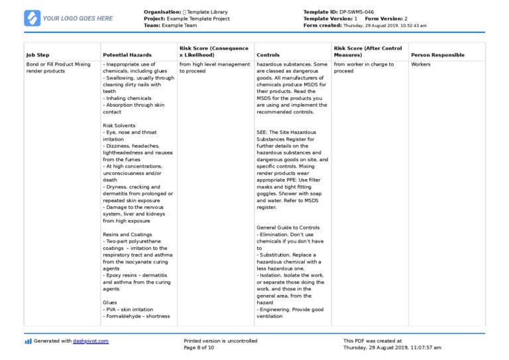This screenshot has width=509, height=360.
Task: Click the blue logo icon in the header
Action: (32, 18)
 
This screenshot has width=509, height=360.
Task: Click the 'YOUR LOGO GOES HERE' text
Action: (78, 19)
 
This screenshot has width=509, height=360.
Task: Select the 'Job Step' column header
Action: (38, 55)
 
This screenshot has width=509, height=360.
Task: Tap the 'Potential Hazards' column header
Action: (127, 55)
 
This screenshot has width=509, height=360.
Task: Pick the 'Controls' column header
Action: (268, 55)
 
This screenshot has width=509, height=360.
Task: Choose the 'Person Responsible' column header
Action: (437, 55)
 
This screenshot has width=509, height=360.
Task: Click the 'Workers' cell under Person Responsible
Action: (421, 64)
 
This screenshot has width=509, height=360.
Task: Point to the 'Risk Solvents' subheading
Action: (119, 125)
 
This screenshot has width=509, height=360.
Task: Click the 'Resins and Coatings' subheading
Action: (127, 234)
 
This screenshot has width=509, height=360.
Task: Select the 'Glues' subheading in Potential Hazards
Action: (110, 302)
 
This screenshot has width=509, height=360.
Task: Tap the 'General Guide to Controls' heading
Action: (288, 227)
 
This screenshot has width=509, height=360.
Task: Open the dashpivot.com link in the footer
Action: (91, 341)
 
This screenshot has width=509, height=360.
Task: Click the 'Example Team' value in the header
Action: (180, 25)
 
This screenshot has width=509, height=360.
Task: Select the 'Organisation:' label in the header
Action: (162, 12)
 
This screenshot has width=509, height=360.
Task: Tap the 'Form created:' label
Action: (322, 25)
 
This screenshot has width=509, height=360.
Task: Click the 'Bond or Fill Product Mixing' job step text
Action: (58, 64)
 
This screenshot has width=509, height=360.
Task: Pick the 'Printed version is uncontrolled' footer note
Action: (221, 341)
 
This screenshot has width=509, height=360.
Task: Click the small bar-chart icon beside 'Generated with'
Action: (28, 341)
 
